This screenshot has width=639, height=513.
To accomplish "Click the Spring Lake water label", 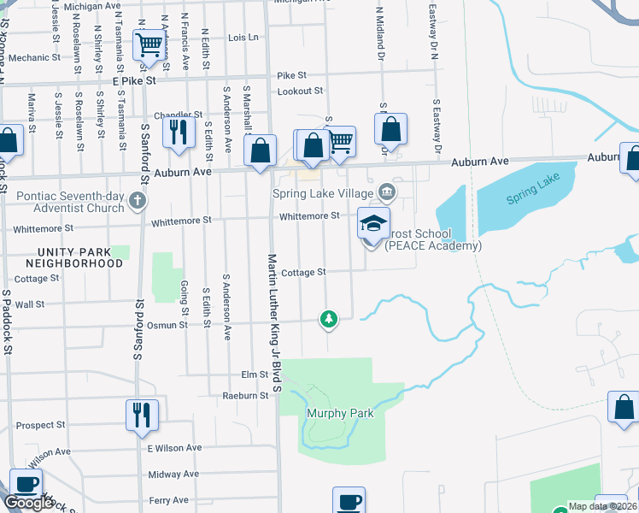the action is pos(536,198).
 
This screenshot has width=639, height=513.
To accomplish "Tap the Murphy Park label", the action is pos(340,413).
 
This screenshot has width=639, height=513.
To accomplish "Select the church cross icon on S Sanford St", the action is pos(138,202).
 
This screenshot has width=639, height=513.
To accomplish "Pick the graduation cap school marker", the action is pos(373,223).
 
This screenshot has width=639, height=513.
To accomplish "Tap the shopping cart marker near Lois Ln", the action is pos(149,44).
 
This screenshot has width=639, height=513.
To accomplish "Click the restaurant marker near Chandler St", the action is pos(179,132).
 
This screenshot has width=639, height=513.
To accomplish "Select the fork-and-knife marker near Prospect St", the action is pos(142,415).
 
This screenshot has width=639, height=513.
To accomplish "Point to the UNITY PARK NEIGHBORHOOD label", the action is pos(67,257).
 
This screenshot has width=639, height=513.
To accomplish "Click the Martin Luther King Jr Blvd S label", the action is pos(275,322).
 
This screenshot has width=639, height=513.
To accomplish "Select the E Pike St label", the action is pos(129,80).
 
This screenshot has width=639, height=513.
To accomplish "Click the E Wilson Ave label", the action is pos(174,448).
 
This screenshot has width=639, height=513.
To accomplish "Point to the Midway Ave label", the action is pos(174,474).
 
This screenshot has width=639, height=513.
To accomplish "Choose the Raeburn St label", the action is pos(240,396).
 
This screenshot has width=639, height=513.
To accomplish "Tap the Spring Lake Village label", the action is pos(323,193).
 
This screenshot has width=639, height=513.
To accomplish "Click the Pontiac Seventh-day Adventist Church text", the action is pos(71,202).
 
